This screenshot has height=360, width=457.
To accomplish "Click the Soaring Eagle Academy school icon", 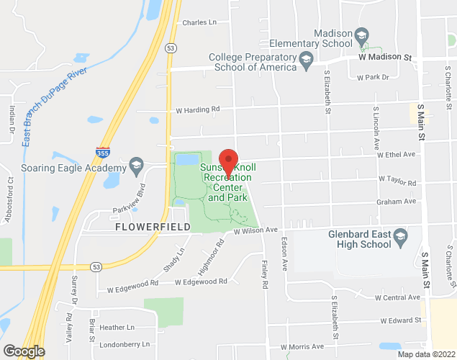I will (x=136, y=167).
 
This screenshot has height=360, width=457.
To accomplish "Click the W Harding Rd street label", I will (x=198, y=110).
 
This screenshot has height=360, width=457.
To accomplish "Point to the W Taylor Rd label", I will (x=397, y=183).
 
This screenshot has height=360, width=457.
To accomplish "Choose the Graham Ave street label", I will (x=397, y=202).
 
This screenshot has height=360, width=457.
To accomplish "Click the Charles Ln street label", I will (x=199, y=22).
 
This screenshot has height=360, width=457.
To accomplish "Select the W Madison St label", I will (x=385, y=57).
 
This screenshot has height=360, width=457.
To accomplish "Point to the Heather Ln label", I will (x=117, y=327).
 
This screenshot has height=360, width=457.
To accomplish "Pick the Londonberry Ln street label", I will (x=125, y=344).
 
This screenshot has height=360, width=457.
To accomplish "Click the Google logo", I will (x=23, y=351).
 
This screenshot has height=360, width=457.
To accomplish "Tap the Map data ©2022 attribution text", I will (x=427, y=354).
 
